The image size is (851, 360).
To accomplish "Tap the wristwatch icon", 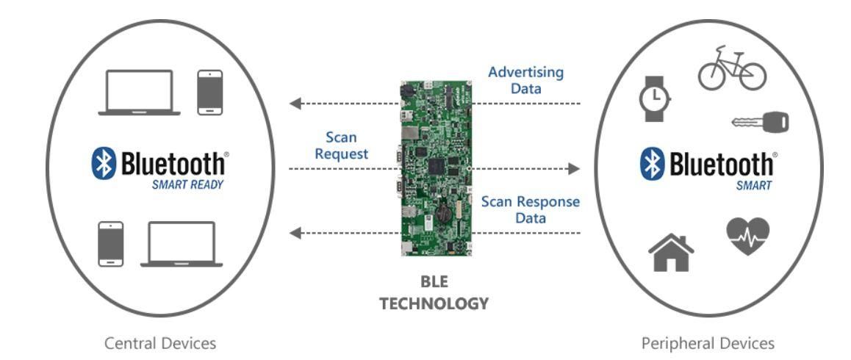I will coord(655,97).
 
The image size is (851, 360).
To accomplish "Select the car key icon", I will coord(760,122).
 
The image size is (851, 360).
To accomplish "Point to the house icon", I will coord(670,253).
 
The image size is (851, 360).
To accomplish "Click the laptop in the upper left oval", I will coord(140,93).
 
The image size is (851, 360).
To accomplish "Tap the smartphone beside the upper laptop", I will coord(210,93).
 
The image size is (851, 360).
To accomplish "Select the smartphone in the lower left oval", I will coord(111,243).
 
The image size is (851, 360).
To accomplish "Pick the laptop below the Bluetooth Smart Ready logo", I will coord(182,244).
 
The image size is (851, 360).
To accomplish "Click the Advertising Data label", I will coord(525,80).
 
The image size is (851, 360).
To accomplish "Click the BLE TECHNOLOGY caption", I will coord(434,293).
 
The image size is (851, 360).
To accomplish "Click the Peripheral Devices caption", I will coord(708,343).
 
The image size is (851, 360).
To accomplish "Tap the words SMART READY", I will coord(187,185).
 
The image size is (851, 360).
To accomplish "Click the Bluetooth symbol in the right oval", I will coord(653,164).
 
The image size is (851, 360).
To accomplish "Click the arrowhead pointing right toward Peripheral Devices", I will coord(573,169).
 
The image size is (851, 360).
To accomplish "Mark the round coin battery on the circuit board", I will coord(442,214).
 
